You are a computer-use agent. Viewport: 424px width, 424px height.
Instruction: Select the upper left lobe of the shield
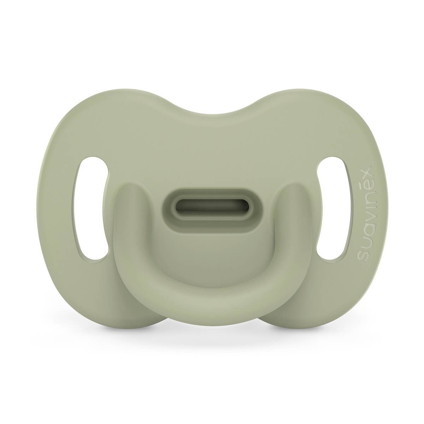[106, 117]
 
